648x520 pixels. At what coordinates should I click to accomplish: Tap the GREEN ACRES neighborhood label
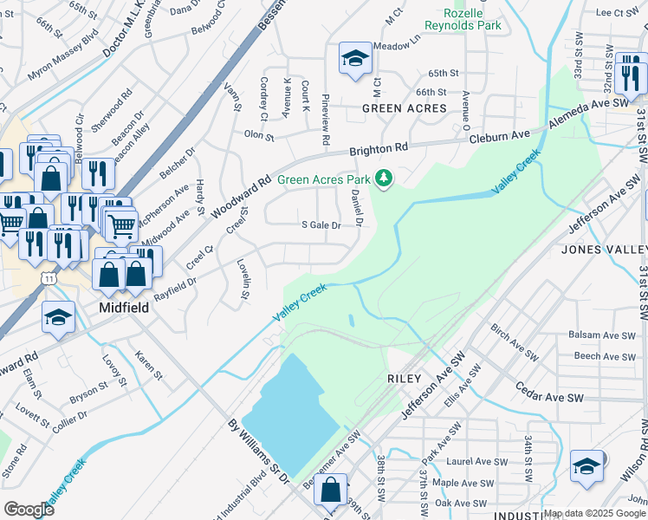pyautogui.click(x=405, y=108)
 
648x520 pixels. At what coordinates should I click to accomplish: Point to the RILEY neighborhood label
pyautogui.click(x=405, y=379)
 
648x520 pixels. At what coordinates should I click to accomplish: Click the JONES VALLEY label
pyautogui.click(x=605, y=250)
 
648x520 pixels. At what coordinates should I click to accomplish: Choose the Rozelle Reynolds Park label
pyautogui.click(x=472, y=20)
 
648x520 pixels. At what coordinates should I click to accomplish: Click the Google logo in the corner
pyautogui.click(x=29, y=509)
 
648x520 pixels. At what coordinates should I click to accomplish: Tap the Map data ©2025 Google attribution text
pyautogui.click(x=594, y=514)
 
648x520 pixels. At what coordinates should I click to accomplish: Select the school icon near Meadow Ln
pyautogui.click(x=353, y=58)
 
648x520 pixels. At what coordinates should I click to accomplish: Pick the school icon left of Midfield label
pyautogui.click(x=58, y=316)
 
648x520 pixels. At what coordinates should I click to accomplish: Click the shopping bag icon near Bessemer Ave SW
pyautogui.click(x=332, y=489)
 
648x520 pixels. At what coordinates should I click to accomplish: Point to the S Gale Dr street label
pyautogui.click(x=321, y=225)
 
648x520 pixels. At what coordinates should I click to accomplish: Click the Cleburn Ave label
pyautogui.click(x=499, y=136)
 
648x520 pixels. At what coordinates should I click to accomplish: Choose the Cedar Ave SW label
pyautogui.click(x=551, y=393)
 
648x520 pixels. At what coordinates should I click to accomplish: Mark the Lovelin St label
pyautogui.click(x=245, y=283)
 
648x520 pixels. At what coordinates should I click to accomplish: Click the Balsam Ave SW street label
pyautogui.click(x=598, y=335)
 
